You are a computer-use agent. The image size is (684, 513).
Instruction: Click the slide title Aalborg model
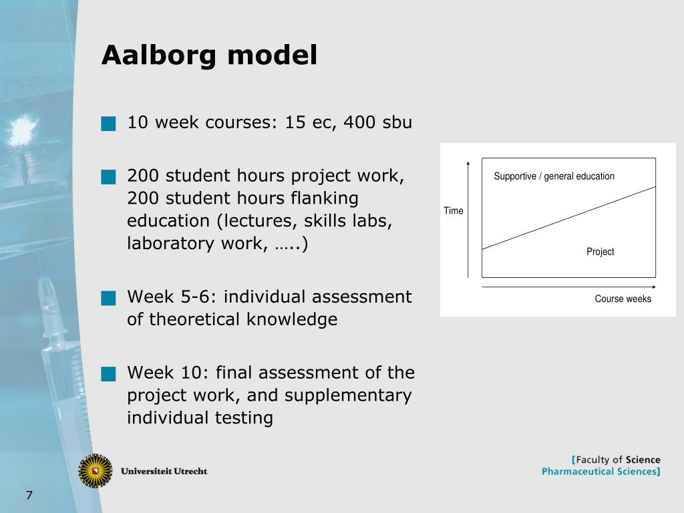(x=209, y=55)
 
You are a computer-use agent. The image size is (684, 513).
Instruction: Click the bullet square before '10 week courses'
(x=108, y=124)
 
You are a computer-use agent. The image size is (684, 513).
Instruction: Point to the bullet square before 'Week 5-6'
(x=108, y=298)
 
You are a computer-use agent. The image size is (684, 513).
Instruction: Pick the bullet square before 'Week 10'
(x=108, y=373)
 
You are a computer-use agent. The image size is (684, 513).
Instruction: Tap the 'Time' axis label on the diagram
(x=453, y=211)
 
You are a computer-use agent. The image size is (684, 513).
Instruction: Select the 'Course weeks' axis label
(x=623, y=299)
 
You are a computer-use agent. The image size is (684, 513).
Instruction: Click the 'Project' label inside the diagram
(x=600, y=252)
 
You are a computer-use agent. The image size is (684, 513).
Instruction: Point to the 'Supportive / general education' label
(x=554, y=176)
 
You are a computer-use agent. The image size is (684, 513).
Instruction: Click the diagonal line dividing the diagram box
(x=568, y=218)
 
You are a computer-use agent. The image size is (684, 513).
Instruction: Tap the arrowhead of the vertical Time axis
(x=468, y=164)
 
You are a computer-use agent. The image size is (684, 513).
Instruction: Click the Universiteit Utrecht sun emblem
(x=95, y=470)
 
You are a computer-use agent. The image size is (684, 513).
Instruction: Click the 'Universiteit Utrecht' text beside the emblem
(x=164, y=471)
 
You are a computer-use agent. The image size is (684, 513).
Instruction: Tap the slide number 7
(x=29, y=496)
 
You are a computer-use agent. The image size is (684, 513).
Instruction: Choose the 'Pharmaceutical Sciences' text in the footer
(x=599, y=472)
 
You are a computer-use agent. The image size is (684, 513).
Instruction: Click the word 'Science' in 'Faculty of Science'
(x=643, y=460)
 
